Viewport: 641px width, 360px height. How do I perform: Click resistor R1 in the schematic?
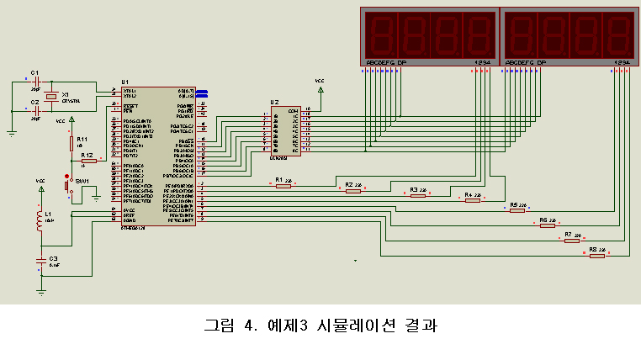pos(283,186)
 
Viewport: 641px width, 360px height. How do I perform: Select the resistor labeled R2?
pos(353,191)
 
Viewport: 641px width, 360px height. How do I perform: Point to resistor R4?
pos(473,201)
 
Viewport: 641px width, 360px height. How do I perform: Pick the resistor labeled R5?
pos(517,210)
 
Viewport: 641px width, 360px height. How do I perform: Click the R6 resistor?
pos(547,225)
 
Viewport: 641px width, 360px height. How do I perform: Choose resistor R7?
pos(572,240)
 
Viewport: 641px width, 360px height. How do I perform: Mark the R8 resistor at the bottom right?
pos(596,255)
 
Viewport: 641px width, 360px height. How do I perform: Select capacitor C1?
pos(34,82)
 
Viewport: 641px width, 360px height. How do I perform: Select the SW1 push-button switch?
pos(69,183)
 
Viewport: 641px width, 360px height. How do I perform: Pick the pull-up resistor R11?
pos(72,144)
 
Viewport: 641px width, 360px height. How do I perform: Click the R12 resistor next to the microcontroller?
pos(87,161)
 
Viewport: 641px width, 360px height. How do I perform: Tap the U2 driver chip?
pos(283,133)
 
